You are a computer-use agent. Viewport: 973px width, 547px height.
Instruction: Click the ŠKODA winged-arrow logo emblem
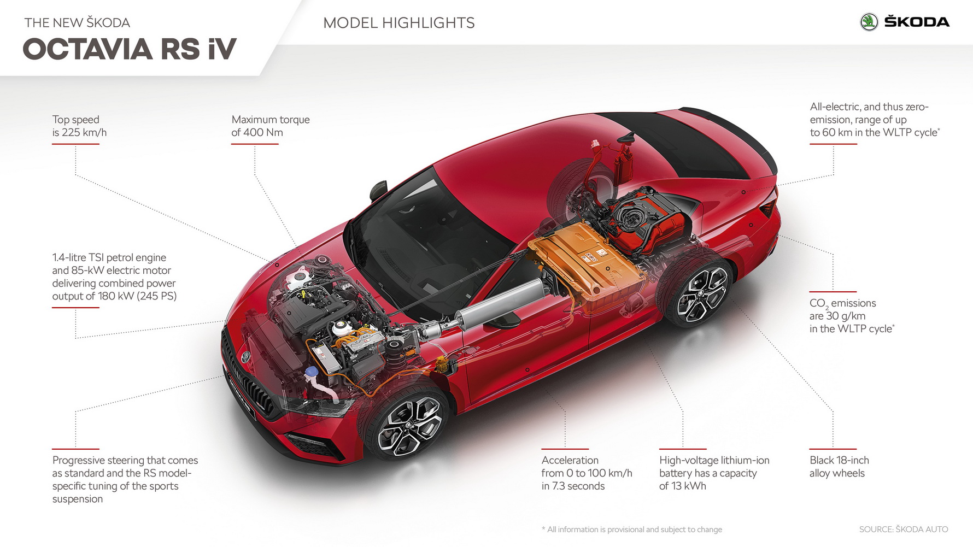pyautogui.click(x=869, y=22)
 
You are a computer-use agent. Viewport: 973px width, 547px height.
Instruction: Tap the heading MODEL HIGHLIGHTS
pyautogui.click(x=398, y=23)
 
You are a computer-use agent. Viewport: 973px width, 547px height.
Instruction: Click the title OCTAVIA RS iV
pyautogui.click(x=130, y=49)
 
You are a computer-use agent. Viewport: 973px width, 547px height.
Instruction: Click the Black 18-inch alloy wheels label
pyautogui.click(x=839, y=467)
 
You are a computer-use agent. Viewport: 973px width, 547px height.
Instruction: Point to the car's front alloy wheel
pyautogui.click(x=409, y=426)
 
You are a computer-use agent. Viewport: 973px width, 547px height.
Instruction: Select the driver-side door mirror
pyautogui.click(x=378, y=190)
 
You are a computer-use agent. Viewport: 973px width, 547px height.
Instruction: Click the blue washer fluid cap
pyautogui.click(x=312, y=372)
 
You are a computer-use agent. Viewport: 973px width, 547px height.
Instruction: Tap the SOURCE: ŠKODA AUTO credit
pyautogui.click(x=903, y=530)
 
